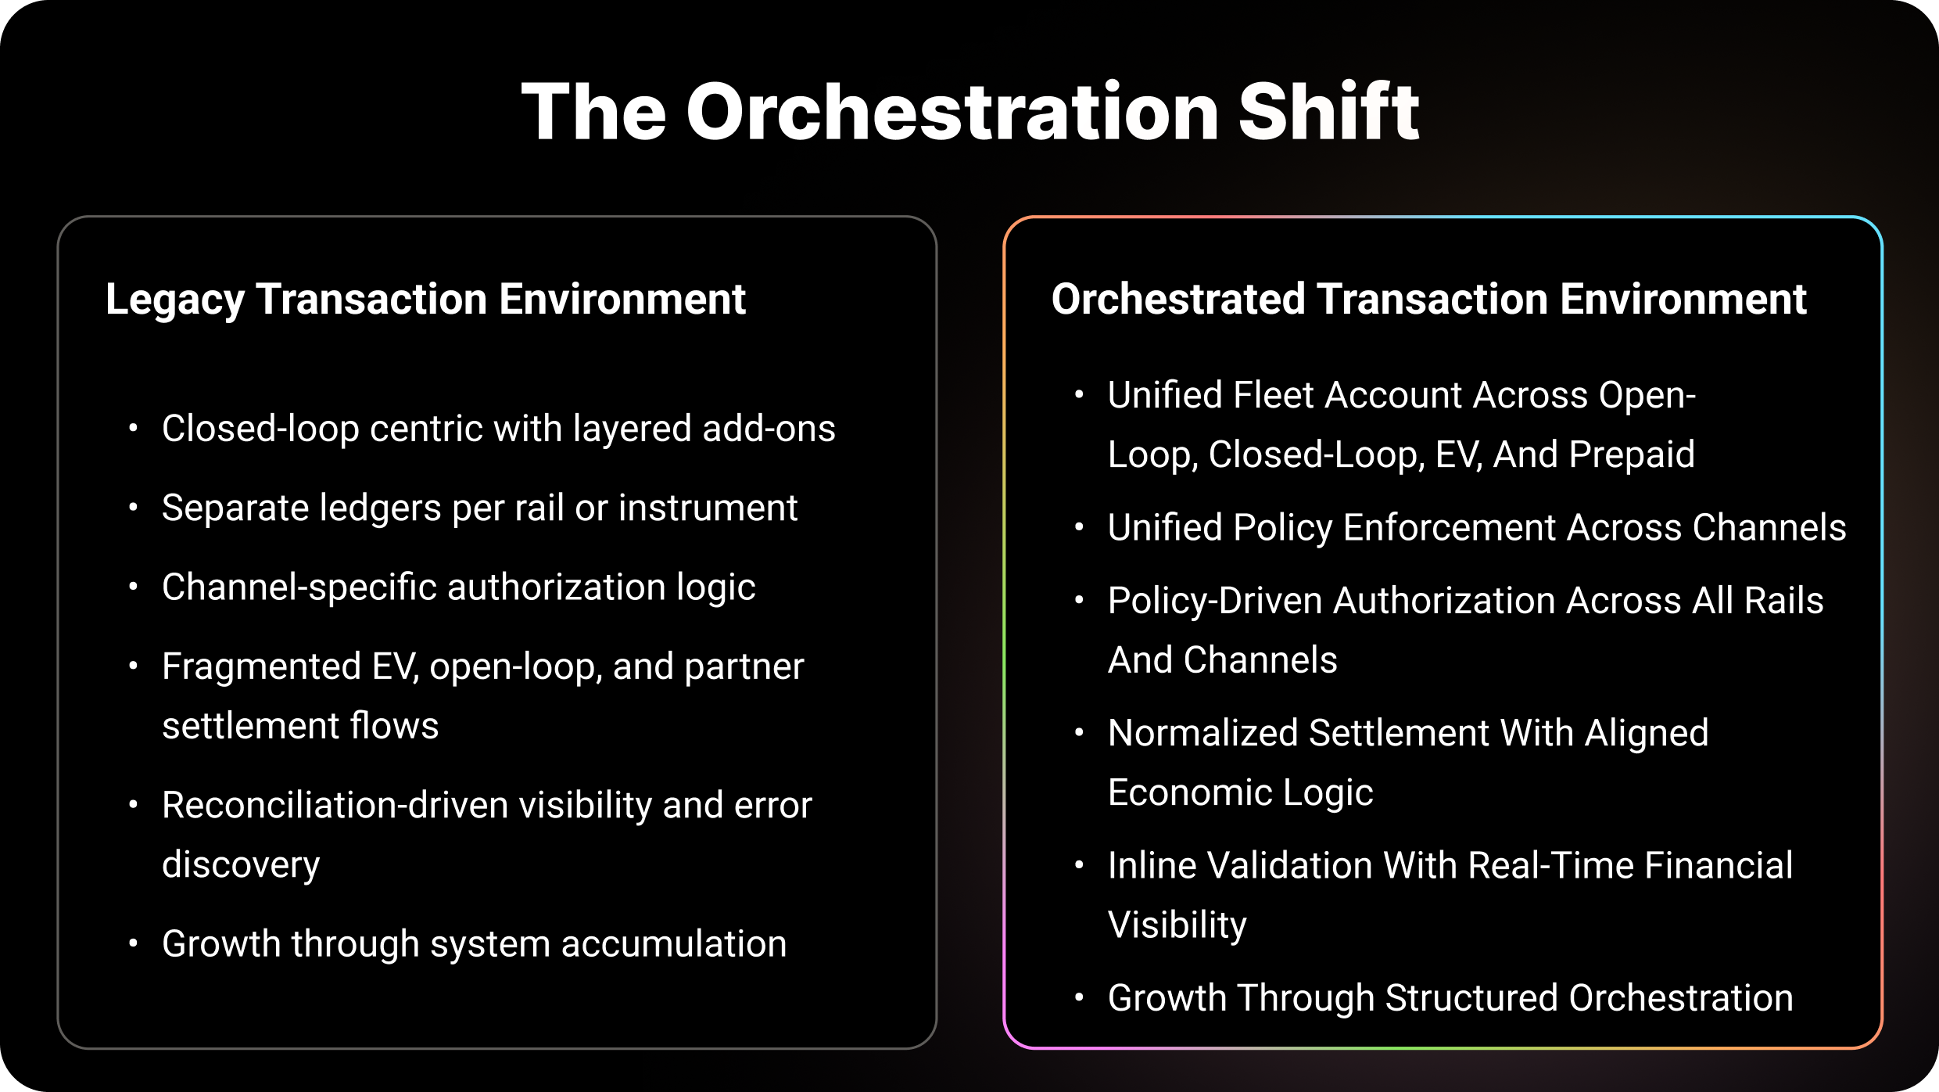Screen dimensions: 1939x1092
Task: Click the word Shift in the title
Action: (1328, 112)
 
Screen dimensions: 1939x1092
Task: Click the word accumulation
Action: (674, 944)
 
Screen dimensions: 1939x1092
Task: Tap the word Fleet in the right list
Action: (1274, 395)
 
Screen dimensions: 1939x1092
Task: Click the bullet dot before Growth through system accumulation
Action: (134, 944)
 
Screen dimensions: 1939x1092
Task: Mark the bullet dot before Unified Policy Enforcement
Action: (1080, 528)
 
